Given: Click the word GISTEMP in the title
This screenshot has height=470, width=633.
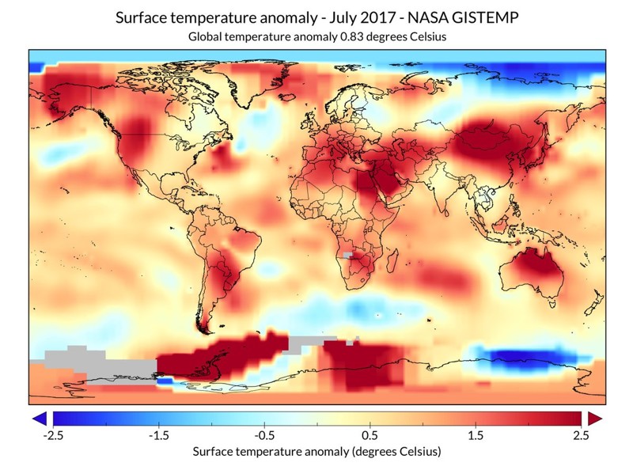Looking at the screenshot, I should tap(482, 17).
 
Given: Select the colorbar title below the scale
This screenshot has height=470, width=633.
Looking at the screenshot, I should tap(316, 452).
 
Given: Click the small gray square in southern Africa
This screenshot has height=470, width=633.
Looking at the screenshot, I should tap(347, 256).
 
